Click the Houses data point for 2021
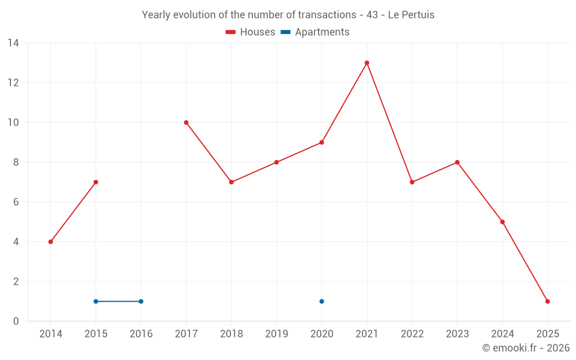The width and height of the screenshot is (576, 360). click(367, 63)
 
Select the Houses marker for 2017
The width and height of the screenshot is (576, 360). click(186, 122)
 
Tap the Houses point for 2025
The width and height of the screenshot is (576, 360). click(547, 301)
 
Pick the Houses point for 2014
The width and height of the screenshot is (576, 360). click(51, 242)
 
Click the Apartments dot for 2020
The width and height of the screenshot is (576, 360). click(321, 301)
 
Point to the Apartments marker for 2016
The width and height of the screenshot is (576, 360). click(141, 301)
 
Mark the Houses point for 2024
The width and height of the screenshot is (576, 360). click(502, 222)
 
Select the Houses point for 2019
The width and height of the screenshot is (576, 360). click(276, 162)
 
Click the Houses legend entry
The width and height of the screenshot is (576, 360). click(251, 32)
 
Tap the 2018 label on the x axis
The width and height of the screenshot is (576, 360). click(231, 334)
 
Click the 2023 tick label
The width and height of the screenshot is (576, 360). click(457, 334)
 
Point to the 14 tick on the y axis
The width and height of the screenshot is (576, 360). click(13, 43)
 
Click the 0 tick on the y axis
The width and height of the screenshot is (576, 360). click(16, 321)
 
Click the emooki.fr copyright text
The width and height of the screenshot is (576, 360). click(525, 348)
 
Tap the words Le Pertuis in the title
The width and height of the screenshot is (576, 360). click(411, 15)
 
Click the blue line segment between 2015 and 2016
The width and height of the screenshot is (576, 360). click(118, 301)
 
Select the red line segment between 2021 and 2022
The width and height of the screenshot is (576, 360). click(389, 122)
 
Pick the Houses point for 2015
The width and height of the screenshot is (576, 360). click(96, 182)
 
